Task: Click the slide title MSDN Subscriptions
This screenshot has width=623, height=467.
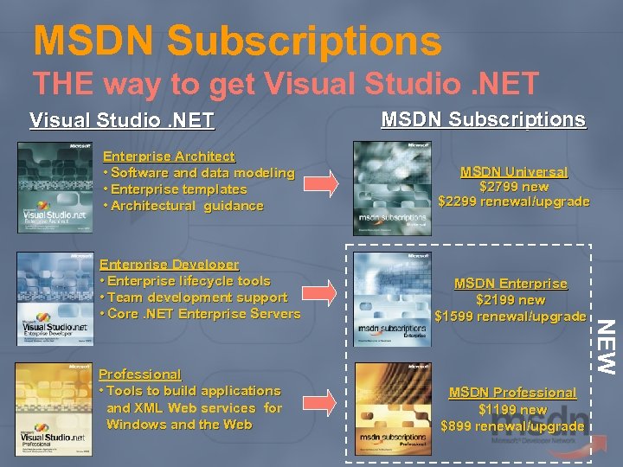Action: point(237,41)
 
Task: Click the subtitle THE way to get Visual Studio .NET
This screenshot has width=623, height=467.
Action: point(286,83)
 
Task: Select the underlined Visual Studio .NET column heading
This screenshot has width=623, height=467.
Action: point(122,120)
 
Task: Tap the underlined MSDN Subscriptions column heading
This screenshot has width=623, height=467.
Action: point(483,119)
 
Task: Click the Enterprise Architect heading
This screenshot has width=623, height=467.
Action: point(169,157)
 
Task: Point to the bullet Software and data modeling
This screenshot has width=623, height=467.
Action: point(199,173)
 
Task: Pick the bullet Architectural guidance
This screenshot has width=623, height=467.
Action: point(183,206)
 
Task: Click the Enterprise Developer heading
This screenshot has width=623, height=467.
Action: point(170,265)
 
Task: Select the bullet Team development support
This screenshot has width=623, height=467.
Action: point(194,297)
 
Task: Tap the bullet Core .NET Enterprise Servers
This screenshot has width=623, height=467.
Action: point(200,314)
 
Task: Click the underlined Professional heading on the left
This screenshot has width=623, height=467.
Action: point(140,374)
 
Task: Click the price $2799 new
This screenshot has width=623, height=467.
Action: point(514,187)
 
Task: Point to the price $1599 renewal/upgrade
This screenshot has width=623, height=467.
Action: point(510,317)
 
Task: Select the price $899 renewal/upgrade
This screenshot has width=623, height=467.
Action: point(512,426)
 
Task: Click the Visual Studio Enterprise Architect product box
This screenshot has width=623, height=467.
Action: point(54,188)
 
